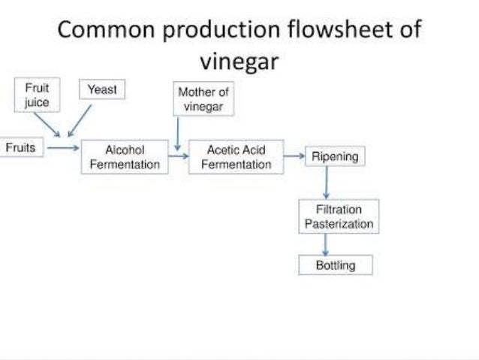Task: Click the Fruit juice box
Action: [37, 95]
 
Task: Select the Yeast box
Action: [103, 89]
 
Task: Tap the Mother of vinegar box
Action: [203, 99]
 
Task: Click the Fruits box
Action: [21, 148]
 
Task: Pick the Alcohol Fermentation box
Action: [125, 157]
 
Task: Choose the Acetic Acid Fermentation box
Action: [236, 157]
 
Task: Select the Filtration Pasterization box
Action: [339, 216]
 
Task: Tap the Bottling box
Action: [335, 265]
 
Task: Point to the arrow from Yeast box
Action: [80, 120]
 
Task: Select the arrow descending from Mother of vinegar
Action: [177, 134]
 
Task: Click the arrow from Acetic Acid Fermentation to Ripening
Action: [294, 157]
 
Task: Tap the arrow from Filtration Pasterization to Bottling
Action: [326, 245]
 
